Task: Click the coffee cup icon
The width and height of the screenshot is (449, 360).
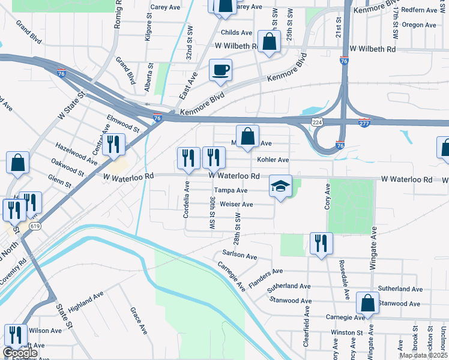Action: click(x=220, y=69)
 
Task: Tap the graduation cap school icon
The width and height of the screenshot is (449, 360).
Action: click(x=280, y=186)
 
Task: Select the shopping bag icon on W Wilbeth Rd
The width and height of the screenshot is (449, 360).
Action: click(x=270, y=43)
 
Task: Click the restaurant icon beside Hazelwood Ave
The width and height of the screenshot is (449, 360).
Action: click(x=112, y=145)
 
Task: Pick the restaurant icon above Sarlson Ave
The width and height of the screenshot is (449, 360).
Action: click(x=321, y=244)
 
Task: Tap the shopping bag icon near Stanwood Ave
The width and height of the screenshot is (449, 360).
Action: click(x=367, y=304)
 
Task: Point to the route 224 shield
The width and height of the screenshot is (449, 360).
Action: click(x=317, y=122)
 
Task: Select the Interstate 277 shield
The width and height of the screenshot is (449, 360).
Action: click(x=364, y=122)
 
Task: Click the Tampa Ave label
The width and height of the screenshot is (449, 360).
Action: click(x=231, y=190)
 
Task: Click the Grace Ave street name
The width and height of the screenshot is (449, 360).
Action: click(x=139, y=321)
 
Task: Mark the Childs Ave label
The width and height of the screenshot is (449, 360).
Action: click(x=237, y=32)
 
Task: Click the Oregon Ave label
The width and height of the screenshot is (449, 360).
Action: click(x=419, y=25)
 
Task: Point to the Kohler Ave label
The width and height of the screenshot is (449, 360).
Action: click(x=273, y=160)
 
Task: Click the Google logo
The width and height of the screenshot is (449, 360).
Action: click(x=20, y=353)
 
